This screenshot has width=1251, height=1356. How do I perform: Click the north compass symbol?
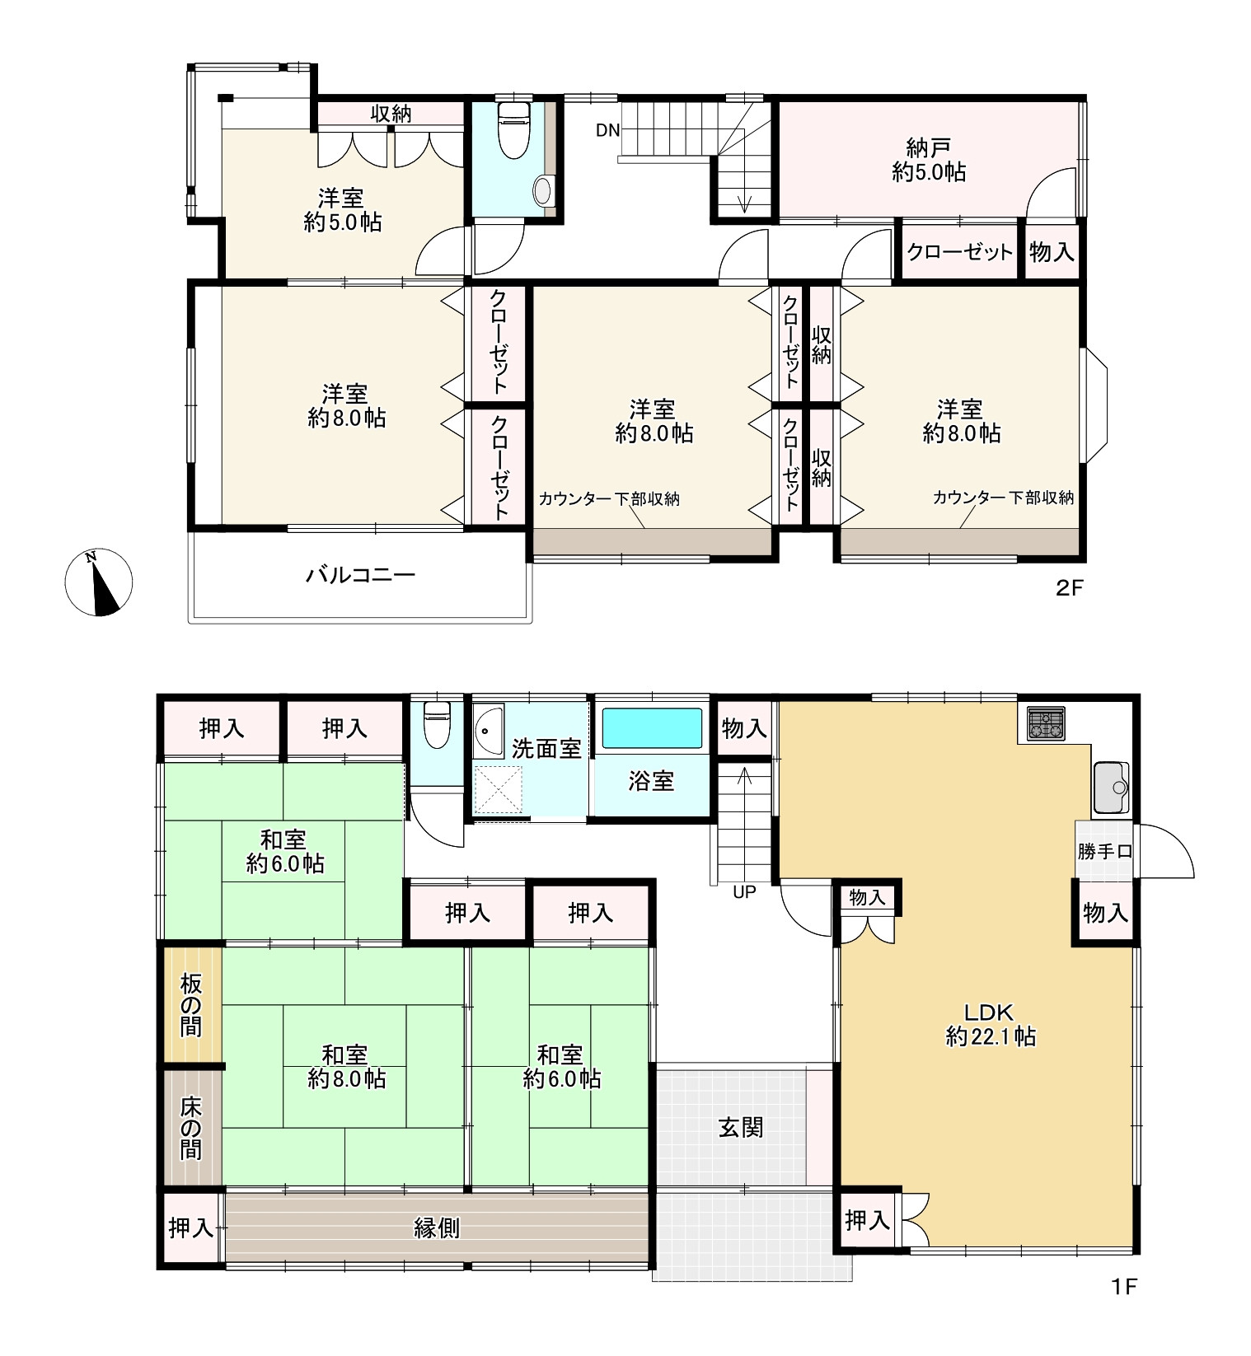pyautogui.click(x=99, y=582)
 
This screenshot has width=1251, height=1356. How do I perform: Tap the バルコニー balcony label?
pyautogui.click(x=361, y=575)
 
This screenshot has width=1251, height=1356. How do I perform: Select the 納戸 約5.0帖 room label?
pyautogui.click(x=929, y=160)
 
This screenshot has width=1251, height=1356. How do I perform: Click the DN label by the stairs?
pyautogui.click(x=608, y=129)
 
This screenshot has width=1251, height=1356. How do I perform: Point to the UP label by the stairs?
pyautogui.click(x=744, y=892)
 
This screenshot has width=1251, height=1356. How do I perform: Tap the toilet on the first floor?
pyautogui.click(x=434, y=724)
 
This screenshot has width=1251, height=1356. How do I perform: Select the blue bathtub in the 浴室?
pyautogui.click(x=652, y=728)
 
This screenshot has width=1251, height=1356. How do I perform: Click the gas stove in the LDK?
pyautogui.click(x=1046, y=723)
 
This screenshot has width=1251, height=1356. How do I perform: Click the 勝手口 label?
pyautogui.click(x=1104, y=852)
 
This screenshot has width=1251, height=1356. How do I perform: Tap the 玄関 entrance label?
pyautogui.click(x=741, y=1127)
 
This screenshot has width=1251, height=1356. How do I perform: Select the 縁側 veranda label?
pyautogui.click(x=436, y=1228)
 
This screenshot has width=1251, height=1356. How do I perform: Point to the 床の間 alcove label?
pyautogui.click(x=191, y=1127)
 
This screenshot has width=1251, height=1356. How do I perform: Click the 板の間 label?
pyautogui.click(x=191, y=1004)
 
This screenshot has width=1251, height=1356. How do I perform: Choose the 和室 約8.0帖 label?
pyautogui.click(x=346, y=1066)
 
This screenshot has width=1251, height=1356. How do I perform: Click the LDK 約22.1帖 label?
pyautogui.click(x=991, y=1024)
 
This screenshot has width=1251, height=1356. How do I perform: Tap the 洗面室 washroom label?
pyautogui.click(x=546, y=749)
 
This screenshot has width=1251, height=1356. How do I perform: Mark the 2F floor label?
pyautogui.click(x=1070, y=588)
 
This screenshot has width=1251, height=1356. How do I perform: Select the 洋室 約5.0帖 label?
pyautogui.click(x=342, y=210)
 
